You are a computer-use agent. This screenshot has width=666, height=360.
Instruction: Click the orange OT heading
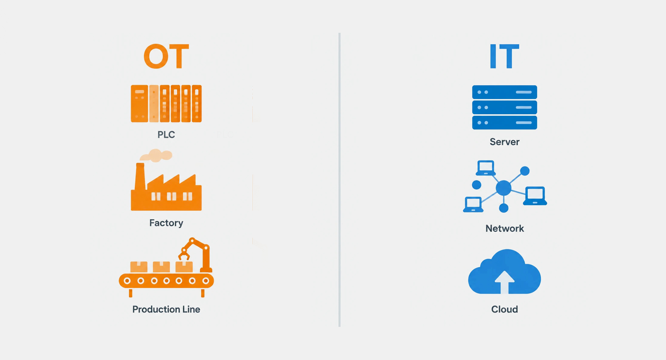[x=166, y=56]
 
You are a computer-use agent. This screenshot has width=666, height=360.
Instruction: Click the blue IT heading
[x=504, y=56]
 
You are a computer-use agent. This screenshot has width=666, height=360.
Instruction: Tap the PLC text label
[x=166, y=135]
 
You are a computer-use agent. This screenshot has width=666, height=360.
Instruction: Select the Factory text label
[x=166, y=223]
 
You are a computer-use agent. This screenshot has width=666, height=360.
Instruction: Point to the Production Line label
[x=166, y=309]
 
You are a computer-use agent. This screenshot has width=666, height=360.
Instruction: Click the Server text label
[x=504, y=142]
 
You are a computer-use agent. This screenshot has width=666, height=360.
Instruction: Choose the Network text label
[x=504, y=228]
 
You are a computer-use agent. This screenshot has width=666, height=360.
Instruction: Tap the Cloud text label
[x=504, y=309]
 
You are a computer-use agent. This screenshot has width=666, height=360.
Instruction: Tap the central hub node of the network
[x=504, y=188]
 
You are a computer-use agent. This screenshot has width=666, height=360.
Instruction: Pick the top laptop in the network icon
[x=486, y=168]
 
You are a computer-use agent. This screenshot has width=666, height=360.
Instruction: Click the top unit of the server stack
[x=504, y=92]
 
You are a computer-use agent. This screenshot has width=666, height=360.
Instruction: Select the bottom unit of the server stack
[x=504, y=122]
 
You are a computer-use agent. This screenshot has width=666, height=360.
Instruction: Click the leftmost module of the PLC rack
[x=139, y=104]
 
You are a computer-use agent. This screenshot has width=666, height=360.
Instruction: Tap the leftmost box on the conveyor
[x=139, y=267]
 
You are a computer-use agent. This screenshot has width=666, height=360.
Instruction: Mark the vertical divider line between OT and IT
[x=339, y=180]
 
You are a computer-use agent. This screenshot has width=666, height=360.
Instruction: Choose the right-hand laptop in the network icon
[x=535, y=196]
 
